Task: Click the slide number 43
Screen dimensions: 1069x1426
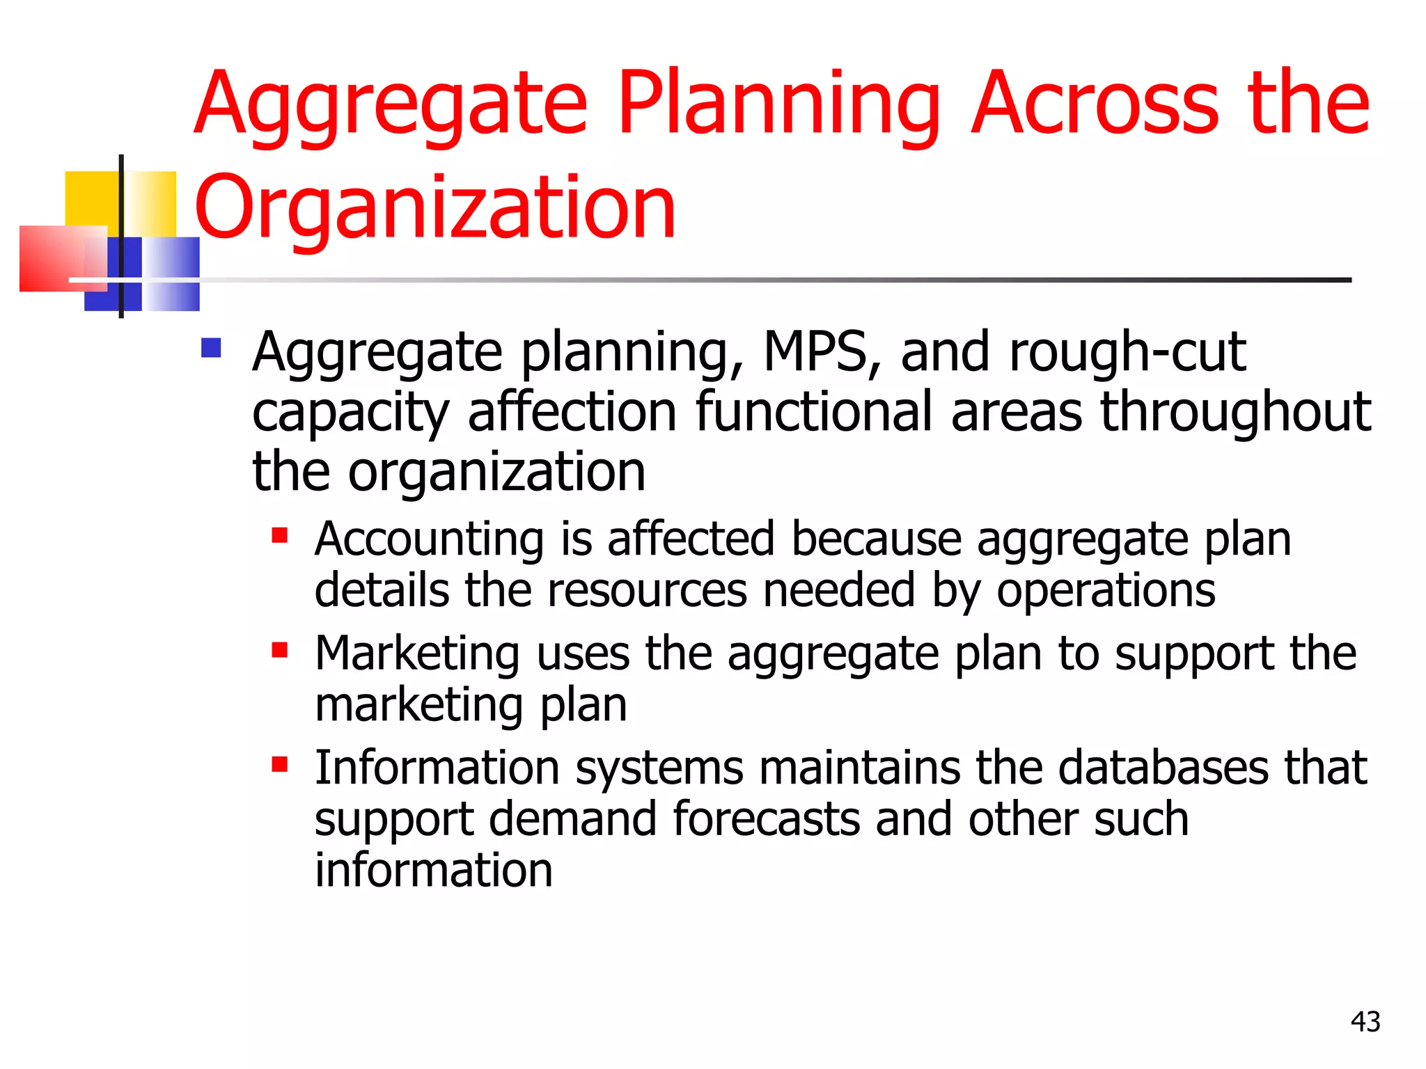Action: [1365, 1022]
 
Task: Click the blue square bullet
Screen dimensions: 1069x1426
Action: [211, 347]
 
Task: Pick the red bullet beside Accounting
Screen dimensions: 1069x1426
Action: [280, 535]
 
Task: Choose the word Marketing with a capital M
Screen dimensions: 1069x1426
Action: [417, 654]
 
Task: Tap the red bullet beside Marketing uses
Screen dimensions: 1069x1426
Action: [280, 650]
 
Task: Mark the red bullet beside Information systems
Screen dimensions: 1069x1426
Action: [280, 765]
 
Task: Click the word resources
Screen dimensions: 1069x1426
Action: [647, 591]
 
